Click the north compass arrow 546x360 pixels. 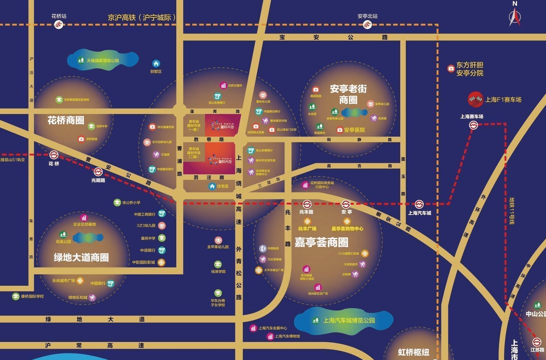tap(515, 17)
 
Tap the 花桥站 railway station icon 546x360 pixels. tap(59, 24)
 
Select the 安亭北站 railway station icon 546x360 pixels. tap(367, 24)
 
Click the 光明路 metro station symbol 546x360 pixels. tap(98, 172)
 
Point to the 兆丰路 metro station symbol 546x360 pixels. tap(307, 204)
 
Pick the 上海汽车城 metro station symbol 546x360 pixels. tap(419, 204)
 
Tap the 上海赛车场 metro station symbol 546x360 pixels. tap(473, 125)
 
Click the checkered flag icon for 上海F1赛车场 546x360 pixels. tap(475, 99)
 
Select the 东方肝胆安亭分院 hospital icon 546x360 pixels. tap(451, 68)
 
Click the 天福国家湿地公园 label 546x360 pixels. tap(103, 61)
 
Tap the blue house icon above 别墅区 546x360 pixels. tap(156, 64)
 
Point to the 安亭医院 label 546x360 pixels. tap(354, 130)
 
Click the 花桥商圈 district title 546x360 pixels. tap(66, 120)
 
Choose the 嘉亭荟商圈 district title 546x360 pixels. tap(321, 242)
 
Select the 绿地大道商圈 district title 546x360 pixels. tap(81, 257)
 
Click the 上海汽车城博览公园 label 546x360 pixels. tap(349, 320)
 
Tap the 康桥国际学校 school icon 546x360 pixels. tap(15, 296)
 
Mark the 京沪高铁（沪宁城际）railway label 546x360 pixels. tap(141, 18)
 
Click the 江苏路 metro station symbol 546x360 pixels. tap(537, 342)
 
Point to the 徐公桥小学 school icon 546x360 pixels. tap(117, 202)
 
